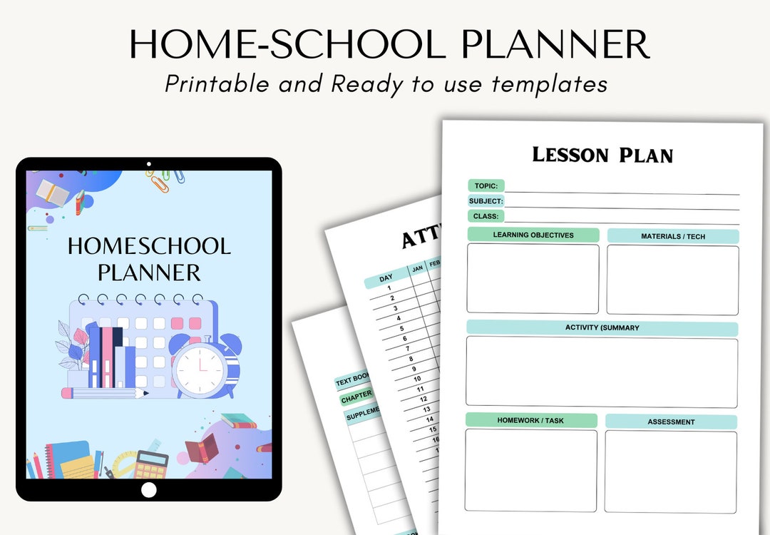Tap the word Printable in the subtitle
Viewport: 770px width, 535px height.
click(x=217, y=83)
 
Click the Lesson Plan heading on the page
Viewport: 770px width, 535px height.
click(x=602, y=155)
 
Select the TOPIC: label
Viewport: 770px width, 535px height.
click(x=486, y=186)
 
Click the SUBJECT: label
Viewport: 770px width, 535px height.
click(x=486, y=201)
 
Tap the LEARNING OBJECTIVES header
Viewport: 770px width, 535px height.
click(x=533, y=235)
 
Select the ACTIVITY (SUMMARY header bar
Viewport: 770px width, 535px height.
click(x=602, y=328)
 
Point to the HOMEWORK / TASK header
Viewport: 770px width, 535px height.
click(x=531, y=421)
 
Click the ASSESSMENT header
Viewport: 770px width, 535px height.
click(x=671, y=422)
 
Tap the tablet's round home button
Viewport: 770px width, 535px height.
click(x=148, y=490)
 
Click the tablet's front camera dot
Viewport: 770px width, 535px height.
click(x=148, y=164)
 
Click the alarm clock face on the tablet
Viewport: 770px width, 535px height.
click(x=200, y=368)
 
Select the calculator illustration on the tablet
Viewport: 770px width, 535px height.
click(x=151, y=464)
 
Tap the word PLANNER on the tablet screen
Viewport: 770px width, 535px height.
click(x=149, y=272)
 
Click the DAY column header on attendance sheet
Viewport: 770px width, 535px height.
click(x=386, y=278)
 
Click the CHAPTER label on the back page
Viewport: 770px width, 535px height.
click(x=356, y=396)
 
